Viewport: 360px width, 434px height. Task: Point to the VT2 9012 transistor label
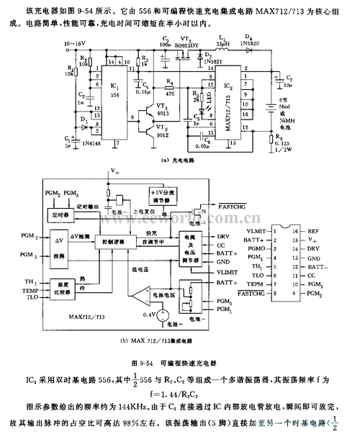[x=166, y=134]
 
